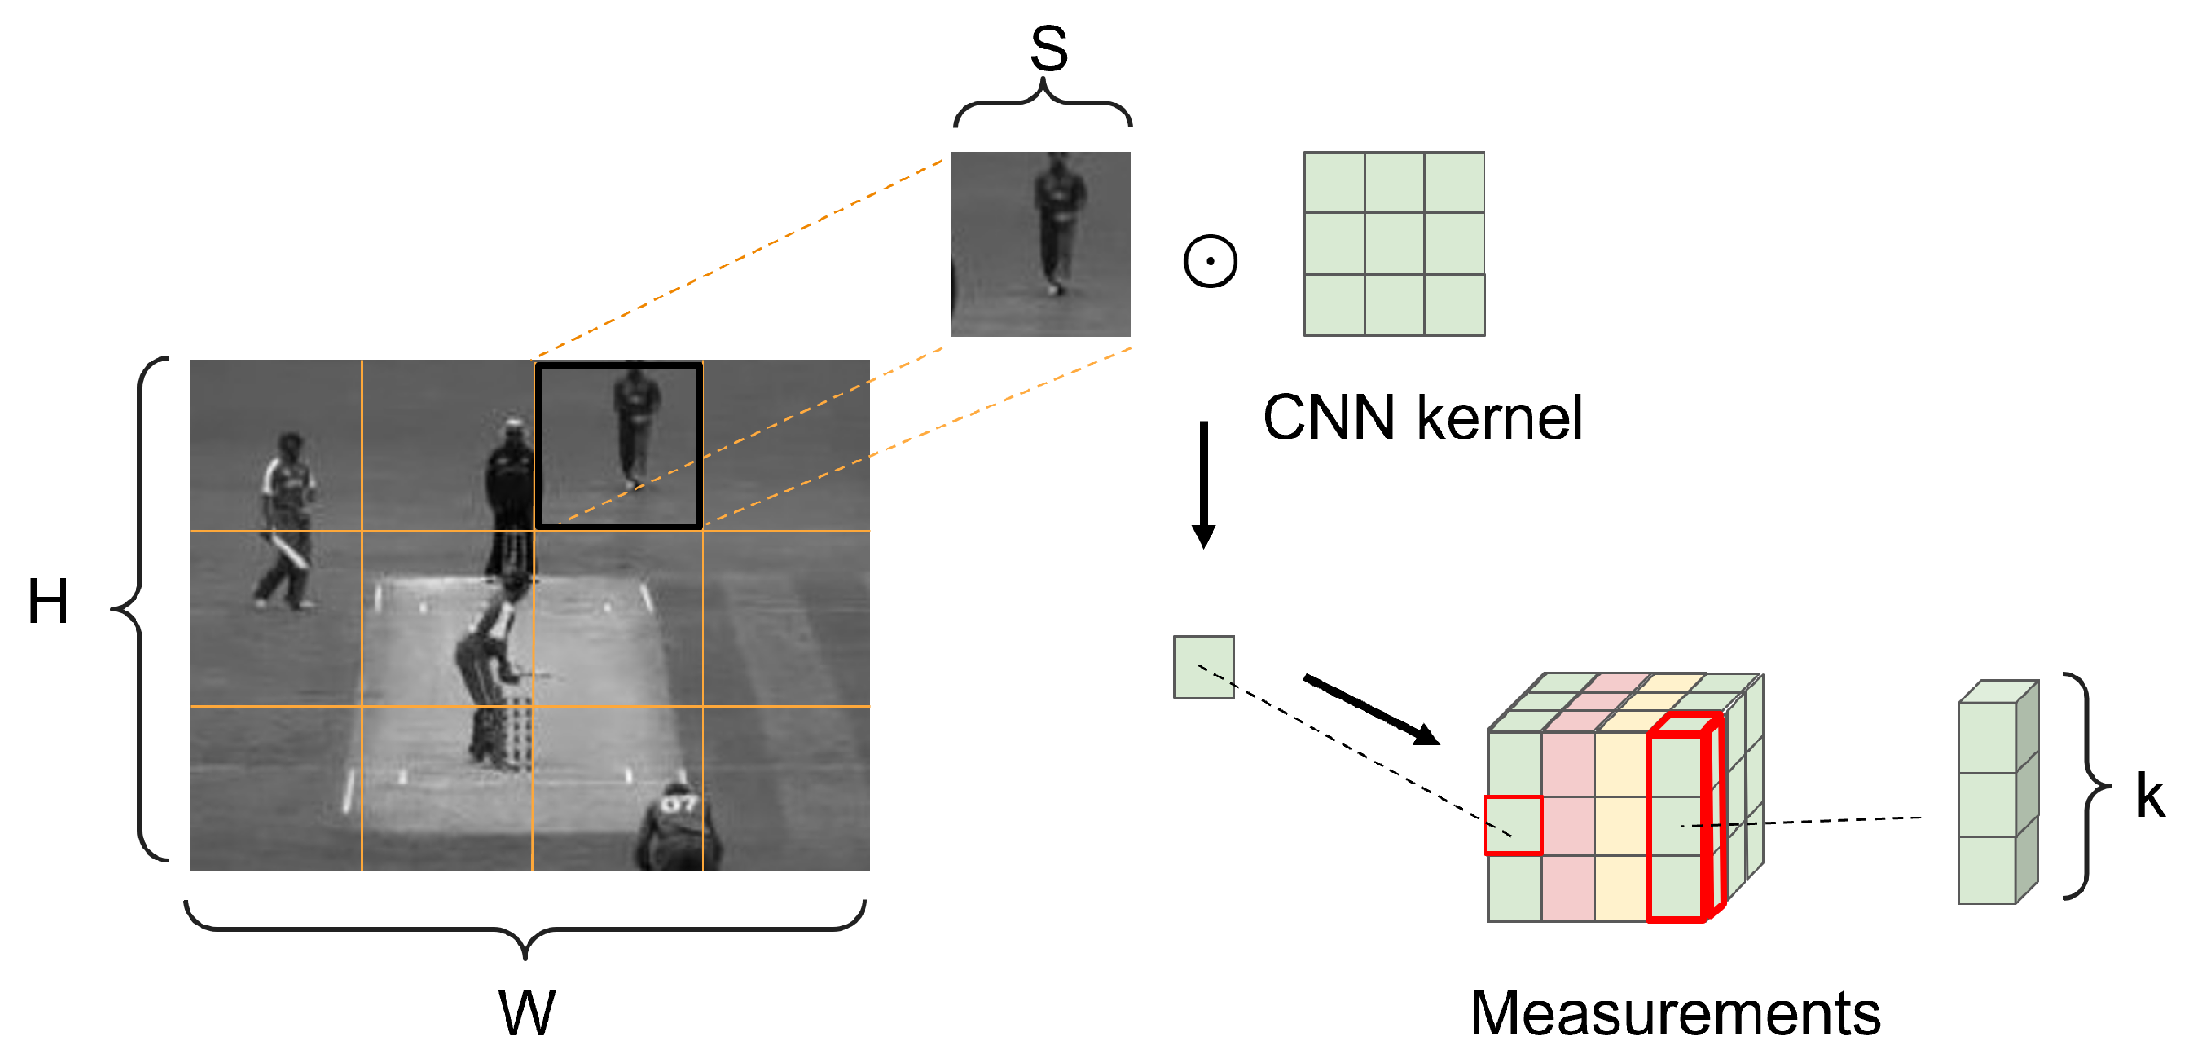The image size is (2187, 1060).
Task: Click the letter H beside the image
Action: pyautogui.click(x=48, y=602)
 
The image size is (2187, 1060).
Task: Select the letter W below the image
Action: pyautogui.click(x=527, y=1013)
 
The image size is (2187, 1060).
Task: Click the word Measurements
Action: pyautogui.click(x=1675, y=1013)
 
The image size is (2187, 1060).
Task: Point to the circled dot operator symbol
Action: pyautogui.click(x=1210, y=261)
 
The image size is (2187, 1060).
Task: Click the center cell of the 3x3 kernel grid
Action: pyautogui.click(x=1394, y=243)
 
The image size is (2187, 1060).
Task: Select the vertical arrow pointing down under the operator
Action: pyautogui.click(x=1203, y=485)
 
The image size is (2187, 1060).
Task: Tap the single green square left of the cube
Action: pyautogui.click(x=1203, y=667)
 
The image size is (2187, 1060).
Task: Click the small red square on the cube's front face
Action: pyautogui.click(x=1513, y=826)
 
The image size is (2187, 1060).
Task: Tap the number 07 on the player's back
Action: pyautogui.click(x=679, y=804)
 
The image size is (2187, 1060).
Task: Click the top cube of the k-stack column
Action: pyautogui.click(x=1987, y=737)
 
